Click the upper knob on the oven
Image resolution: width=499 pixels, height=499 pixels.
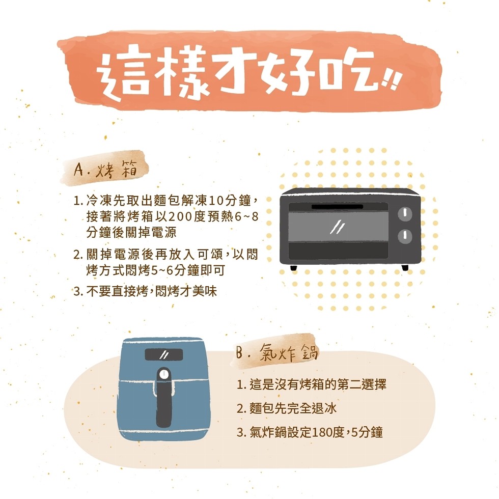pyautogui.click(x=405, y=214)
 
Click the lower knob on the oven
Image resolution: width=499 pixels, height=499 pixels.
pyautogui.click(x=405, y=236)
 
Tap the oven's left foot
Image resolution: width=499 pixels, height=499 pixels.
pyautogui.click(x=293, y=268)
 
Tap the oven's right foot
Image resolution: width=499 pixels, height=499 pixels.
pyautogui.click(x=405, y=268)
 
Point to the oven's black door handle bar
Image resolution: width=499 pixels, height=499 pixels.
pyautogui.click(x=337, y=207)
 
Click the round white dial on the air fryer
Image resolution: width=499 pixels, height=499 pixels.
pyautogui.click(x=164, y=374)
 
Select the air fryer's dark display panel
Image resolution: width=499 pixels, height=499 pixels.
pyautogui.click(x=164, y=354)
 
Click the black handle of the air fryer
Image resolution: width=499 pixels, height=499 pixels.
pyautogui.click(x=164, y=398)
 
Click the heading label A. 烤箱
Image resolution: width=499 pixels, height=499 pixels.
pyautogui.click(x=105, y=169)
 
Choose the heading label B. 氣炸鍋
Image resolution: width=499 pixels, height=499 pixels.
pyautogui.click(x=277, y=352)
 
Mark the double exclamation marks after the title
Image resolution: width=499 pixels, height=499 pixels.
pyautogui.click(x=390, y=82)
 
